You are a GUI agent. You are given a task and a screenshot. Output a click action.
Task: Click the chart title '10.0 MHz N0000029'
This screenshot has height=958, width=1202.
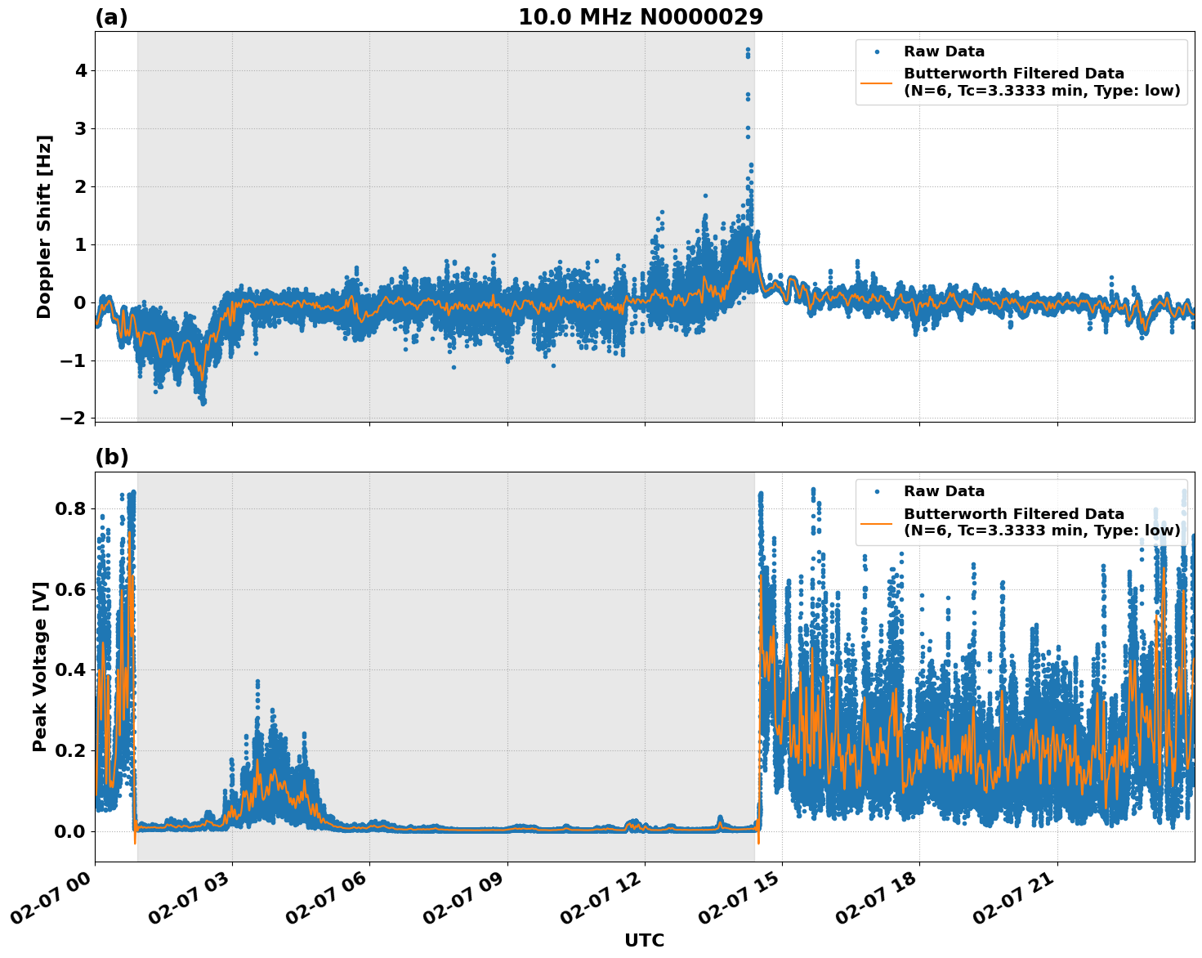pos(641,17)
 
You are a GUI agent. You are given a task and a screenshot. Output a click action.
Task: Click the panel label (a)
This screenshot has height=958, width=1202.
pos(111,17)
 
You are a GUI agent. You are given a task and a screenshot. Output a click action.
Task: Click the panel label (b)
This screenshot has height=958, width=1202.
pos(111,457)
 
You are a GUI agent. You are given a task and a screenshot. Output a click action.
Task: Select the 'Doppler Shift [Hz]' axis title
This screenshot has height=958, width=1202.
pos(44,226)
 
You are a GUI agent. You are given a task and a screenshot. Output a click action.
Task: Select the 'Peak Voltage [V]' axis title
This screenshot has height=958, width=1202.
pos(40,666)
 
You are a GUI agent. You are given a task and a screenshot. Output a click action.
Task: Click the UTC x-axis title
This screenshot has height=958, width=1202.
pos(644,940)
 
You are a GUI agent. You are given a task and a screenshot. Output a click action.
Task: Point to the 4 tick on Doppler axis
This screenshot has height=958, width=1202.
pos(80,71)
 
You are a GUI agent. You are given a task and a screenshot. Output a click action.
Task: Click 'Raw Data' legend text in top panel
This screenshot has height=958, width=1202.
pos(944,52)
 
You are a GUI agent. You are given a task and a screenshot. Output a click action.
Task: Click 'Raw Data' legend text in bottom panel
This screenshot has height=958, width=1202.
pos(944,491)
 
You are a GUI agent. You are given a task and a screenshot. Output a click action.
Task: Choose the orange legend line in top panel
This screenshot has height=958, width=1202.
pos(877,83)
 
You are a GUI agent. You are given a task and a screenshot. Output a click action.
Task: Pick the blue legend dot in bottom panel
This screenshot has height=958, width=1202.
pos(877,491)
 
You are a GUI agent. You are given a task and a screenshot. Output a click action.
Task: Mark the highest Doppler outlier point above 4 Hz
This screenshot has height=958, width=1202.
pos(748,50)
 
